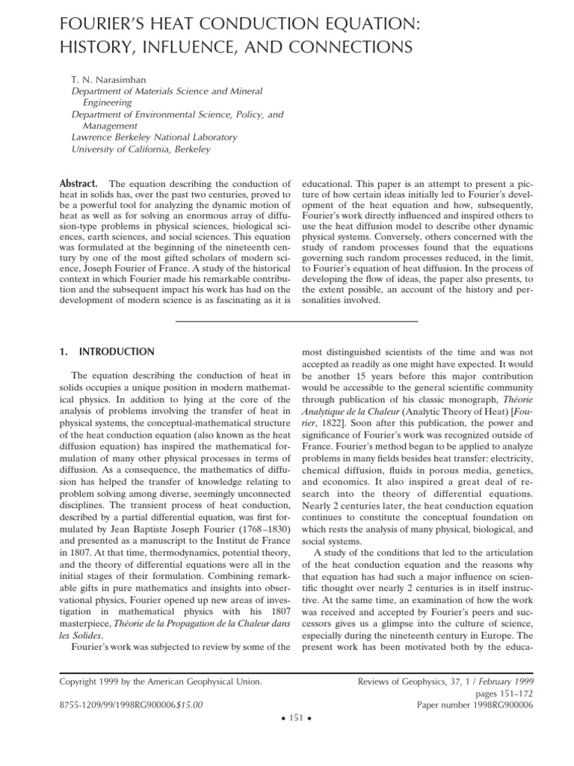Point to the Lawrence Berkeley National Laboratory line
(154, 137)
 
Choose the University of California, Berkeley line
(141, 149)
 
